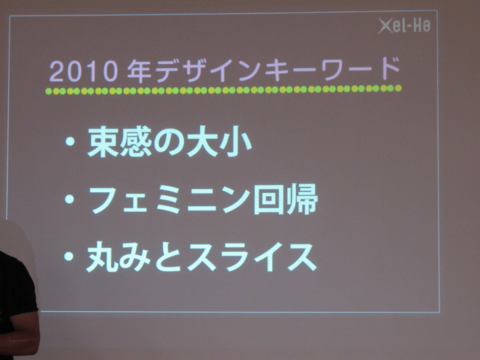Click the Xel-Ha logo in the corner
(x=404, y=25)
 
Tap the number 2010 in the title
(x=83, y=71)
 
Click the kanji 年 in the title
(x=139, y=71)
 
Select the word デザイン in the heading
(x=208, y=71)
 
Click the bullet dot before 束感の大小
(x=70, y=141)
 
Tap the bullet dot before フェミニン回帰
(x=70, y=199)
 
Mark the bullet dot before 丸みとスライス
(x=69, y=256)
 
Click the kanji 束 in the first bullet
(x=103, y=141)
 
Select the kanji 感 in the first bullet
(x=136, y=141)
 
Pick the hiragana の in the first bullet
(x=169, y=142)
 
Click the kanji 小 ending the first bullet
(x=236, y=141)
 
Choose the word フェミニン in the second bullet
(x=169, y=200)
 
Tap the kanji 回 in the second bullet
(x=268, y=199)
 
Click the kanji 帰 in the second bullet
(x=302, y=199)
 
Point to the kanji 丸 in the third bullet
(x=102, y=256)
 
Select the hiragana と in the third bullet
(x=169, y=257)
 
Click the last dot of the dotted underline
(x=398, y=89)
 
